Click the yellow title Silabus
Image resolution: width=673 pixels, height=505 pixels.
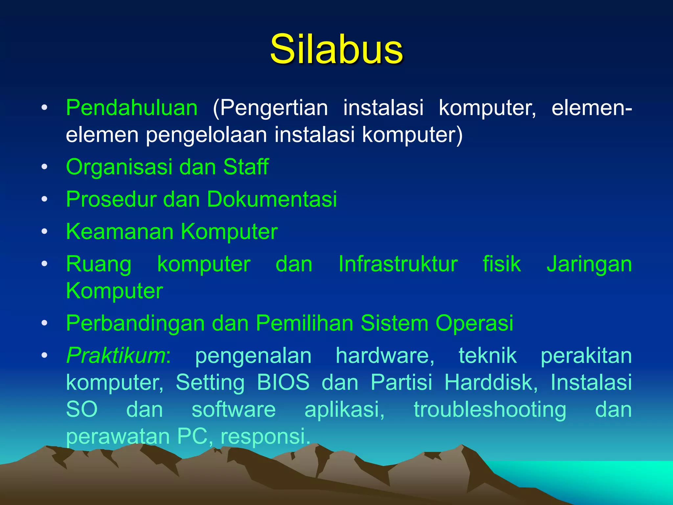pyautogui.click(x=336, y=49)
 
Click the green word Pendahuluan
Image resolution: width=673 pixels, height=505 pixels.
pyautogui.click(x=132, y=108)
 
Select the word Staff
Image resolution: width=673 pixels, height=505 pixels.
pyautogui.click(x=246, y=167)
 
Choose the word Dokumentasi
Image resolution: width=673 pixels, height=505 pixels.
pyautogui.click(x=272, y=199)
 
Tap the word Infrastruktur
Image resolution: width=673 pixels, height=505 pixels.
pyautogui.click(x=398, y=264)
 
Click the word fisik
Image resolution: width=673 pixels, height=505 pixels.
pyautogui.click(x=501, y=264)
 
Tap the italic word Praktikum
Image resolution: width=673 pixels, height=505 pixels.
pyautogui.click(x=116, y=356)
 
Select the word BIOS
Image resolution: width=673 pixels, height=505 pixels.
pyautogui.click(x=283, y=382)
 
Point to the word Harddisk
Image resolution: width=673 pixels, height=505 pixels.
pyautogui.click(x=491, y=382)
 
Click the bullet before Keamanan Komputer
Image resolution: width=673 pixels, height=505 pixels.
pyautogui.click(x=44, y=231)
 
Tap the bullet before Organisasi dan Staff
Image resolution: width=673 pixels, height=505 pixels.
pyautogui.click(x=44, y=167)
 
